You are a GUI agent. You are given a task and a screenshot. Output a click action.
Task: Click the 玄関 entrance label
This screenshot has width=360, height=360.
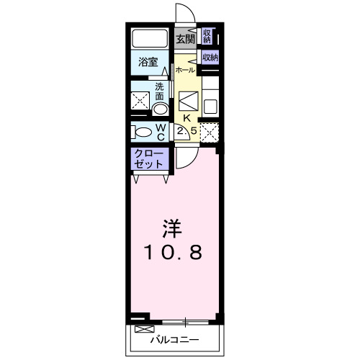click(x=186, y=40)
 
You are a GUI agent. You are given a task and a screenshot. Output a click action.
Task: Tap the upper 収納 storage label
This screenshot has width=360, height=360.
click(x=207, y=35)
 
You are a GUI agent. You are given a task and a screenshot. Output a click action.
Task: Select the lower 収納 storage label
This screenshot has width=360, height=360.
click(x=210, y=58)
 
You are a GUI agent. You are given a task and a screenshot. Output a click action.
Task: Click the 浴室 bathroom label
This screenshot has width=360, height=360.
click(x=148, y=63)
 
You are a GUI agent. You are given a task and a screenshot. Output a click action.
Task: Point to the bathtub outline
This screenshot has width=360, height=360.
click(x=149, y=37)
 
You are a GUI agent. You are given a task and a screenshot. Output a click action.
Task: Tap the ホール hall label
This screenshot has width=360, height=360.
click(x=185, y=71)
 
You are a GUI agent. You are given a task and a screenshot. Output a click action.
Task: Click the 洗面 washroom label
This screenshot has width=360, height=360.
click(x=159, y=91)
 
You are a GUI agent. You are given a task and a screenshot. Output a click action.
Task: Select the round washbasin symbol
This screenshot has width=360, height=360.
click(x=159, y=108)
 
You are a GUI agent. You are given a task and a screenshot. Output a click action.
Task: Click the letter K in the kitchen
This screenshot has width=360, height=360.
click(x=186, y=118)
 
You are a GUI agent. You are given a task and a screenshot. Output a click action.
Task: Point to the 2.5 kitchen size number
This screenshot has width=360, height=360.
click(x=186, y=131)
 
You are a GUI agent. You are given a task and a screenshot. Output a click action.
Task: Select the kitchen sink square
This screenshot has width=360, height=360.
click(x=210, y=106)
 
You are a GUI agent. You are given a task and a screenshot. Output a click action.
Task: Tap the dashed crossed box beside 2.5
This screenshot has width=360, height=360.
click(x=209, y=132)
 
